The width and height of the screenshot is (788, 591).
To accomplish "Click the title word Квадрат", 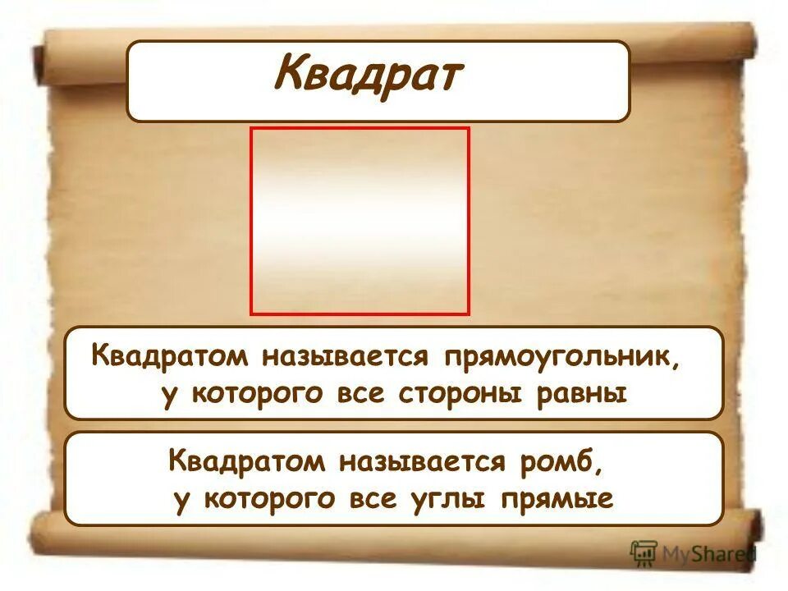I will [369, 76].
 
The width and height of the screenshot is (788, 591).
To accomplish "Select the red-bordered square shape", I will [360, 221].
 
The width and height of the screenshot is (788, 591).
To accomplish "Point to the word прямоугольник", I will [561, 357].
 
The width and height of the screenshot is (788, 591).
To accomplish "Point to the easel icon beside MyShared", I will [644, 553].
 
